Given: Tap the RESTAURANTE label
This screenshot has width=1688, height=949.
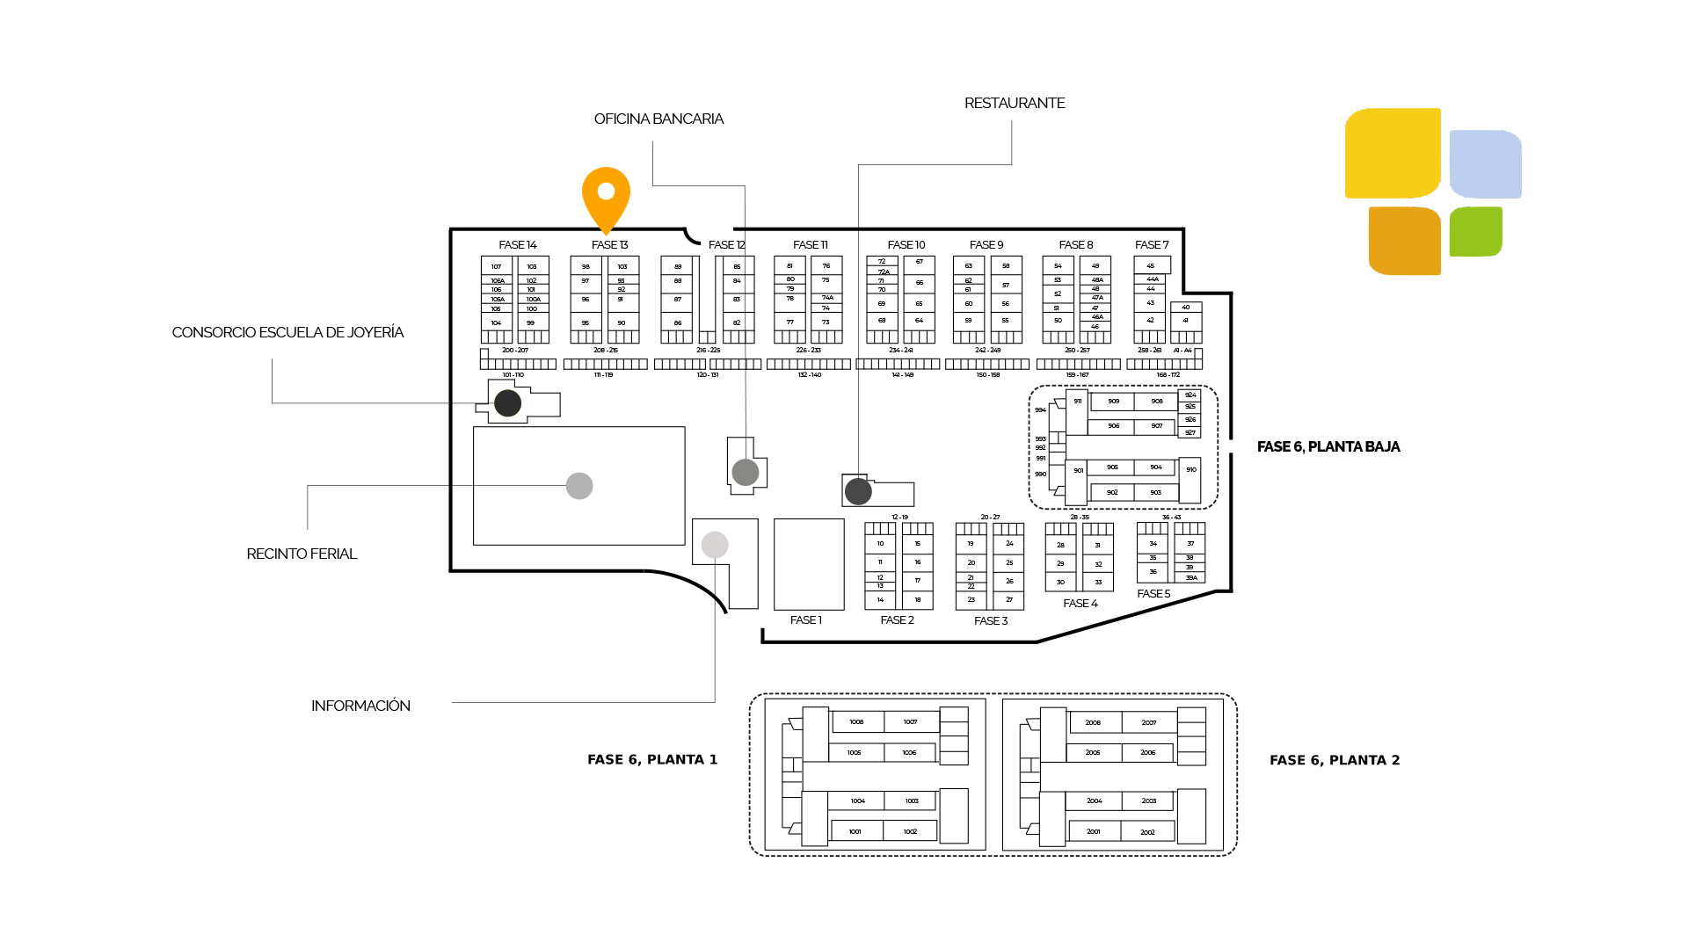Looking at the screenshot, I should [1015, 103].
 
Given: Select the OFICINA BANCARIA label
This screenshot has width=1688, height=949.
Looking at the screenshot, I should [658, 119].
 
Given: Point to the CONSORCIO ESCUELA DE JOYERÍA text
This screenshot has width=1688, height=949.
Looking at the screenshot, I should [287, 332].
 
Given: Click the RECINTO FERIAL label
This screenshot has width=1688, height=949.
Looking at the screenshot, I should [302, 554].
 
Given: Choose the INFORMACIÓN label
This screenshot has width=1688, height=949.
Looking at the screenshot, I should [360, 706].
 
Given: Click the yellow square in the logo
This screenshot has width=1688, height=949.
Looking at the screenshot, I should [1392, 153].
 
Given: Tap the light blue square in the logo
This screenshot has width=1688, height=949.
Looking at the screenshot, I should [1485, 164].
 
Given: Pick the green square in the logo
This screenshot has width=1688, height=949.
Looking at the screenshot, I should [1475, 231].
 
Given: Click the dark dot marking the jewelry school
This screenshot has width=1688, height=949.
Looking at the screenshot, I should [507, 403].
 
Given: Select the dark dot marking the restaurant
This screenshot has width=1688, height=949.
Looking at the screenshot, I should [858, 491].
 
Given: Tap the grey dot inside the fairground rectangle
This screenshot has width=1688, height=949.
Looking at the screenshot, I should [579, 486].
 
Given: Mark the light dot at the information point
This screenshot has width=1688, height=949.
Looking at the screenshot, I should [715, 545].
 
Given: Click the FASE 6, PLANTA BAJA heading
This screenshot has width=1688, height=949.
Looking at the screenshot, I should [1328, 446].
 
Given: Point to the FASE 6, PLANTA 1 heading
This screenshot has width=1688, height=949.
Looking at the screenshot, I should [652, 759].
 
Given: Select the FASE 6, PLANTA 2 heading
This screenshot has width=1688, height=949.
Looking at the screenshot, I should [1335, 760].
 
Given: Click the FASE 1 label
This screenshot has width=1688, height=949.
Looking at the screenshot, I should [805, 620].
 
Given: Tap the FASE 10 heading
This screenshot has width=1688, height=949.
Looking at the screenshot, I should [906, 245].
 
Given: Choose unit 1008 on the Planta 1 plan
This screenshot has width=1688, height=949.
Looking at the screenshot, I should [856, 722].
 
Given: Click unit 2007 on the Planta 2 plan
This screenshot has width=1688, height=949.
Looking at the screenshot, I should [1149, 722].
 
